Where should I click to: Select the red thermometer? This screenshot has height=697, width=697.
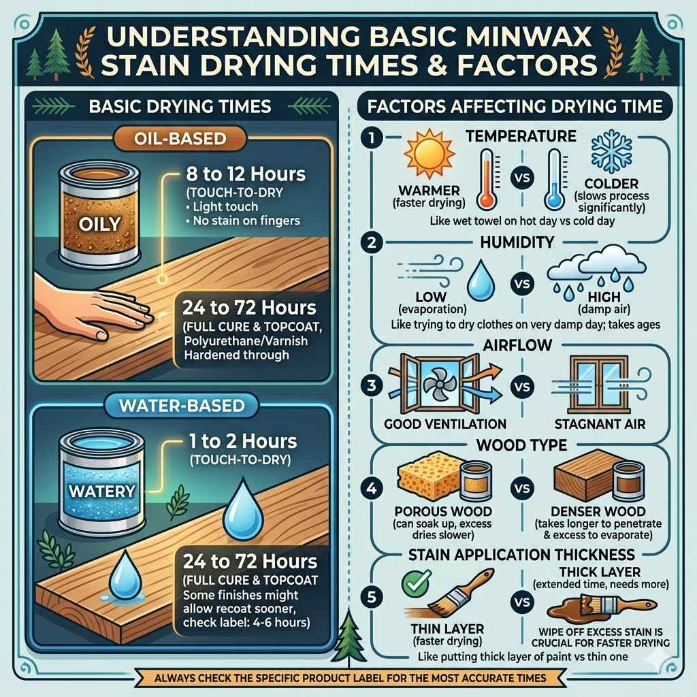tap(485, 178)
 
